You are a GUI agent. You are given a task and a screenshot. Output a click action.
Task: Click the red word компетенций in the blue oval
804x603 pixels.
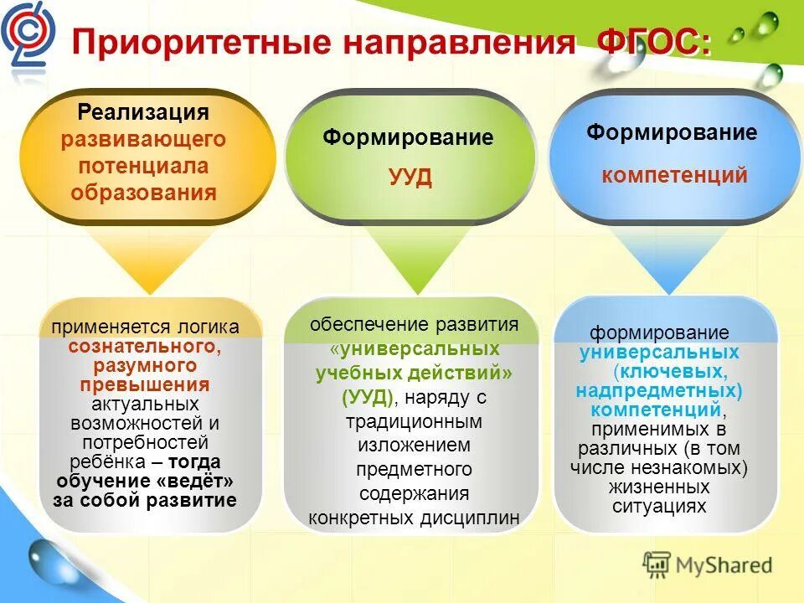pos(674,176)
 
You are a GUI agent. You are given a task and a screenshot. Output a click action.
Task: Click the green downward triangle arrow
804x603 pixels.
pos(410,259)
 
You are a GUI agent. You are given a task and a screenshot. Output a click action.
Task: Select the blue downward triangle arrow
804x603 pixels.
pos(670,260)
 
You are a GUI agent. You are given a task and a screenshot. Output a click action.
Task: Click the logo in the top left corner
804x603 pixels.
pos(27,33)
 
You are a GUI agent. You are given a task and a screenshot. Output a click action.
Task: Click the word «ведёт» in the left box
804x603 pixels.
pos(194,482)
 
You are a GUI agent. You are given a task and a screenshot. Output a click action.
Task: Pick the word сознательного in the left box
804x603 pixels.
pos(144,346)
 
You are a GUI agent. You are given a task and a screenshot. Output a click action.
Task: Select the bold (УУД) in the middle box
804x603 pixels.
pos(368,397)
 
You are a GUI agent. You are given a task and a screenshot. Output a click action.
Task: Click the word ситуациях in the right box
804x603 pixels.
pos(671,506)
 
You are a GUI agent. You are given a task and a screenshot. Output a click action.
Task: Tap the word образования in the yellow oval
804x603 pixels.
pos(143,193)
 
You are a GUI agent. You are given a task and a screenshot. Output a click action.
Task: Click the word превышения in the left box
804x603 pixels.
pos(144,385)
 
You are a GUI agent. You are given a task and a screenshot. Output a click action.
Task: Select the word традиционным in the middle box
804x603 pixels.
pos(410,421)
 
